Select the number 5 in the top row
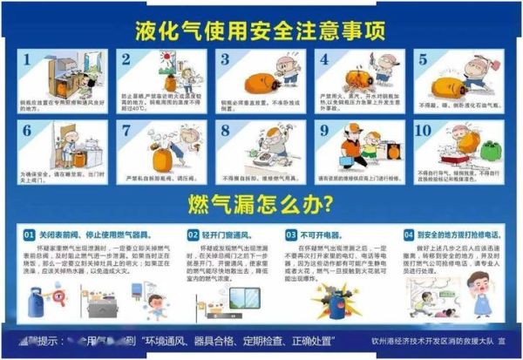(x=424, y=61)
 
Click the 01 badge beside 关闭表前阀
(x=28, y=235)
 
